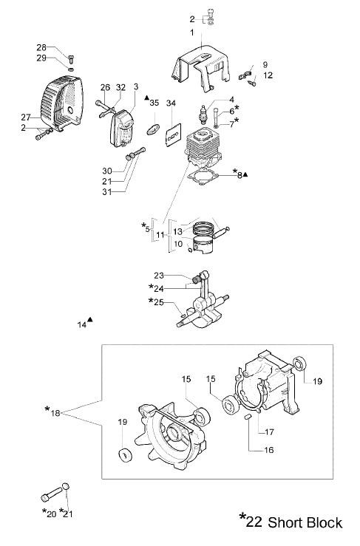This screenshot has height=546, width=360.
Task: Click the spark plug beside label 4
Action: click(203, 114)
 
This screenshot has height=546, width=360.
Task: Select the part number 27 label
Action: click(26, 117)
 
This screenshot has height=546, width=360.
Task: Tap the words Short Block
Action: click(305, 523)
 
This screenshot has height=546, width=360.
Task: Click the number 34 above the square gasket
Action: click(171, 103)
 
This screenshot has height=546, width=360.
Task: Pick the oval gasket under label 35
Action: click(152, 129)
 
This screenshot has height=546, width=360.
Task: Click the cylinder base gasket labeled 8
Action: click(203, 177)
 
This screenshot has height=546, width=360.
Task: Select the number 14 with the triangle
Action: click(82, 324)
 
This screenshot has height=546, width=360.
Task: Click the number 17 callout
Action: click(269, 432)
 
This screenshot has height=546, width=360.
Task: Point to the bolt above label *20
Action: click(52, 495)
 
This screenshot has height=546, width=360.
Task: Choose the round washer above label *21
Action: click(67, 487)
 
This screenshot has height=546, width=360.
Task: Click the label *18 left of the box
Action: click(52, 412)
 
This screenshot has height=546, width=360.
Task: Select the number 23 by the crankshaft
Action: click(159, 276)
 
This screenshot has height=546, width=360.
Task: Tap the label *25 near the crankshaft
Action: click(156, 301)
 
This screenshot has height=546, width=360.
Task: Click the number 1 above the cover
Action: click(192, 33)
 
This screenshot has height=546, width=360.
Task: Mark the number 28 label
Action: click(41, 47)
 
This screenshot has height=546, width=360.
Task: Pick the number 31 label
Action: click(107, 191)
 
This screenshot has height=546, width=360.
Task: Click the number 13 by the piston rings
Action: click(177, 231)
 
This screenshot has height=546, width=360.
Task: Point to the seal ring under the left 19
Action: click(125, 455)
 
